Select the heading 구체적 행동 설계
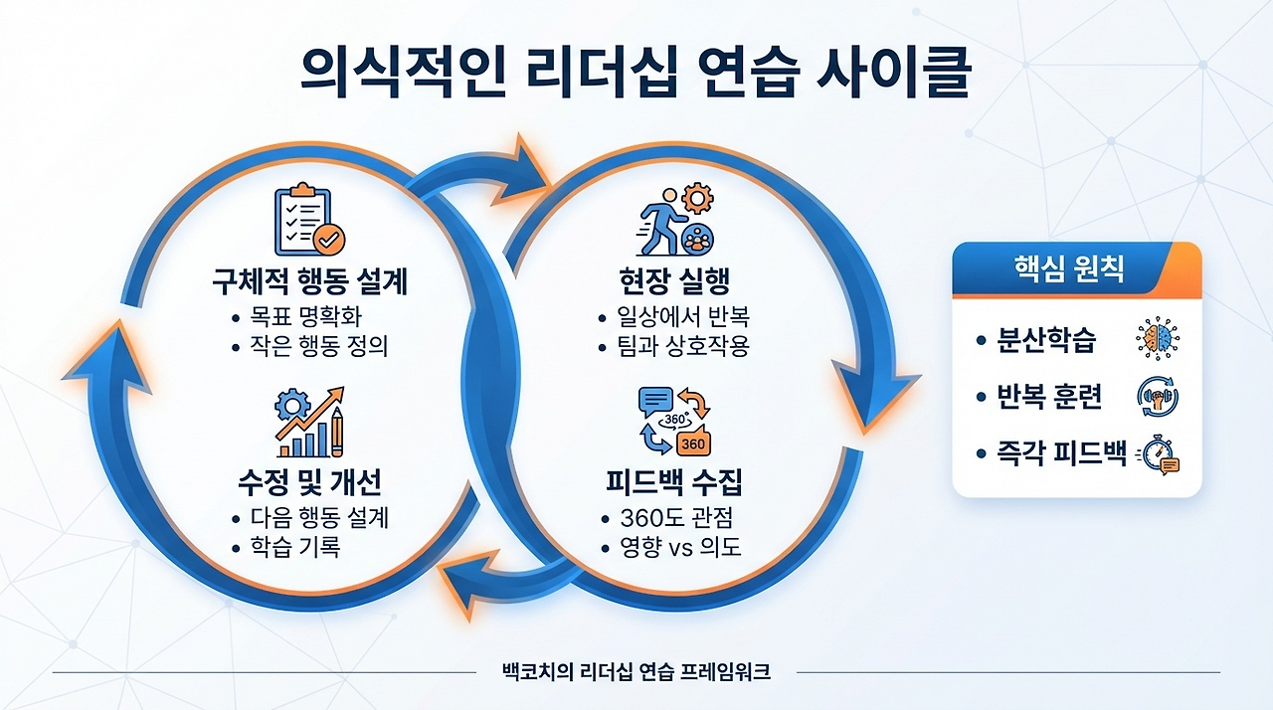point(309,282)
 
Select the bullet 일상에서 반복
point(684,319)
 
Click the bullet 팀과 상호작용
point(684,348)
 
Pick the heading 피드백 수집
point(674,482)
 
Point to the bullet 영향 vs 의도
point(680,547)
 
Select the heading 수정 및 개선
point(309,482)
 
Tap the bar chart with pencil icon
point(308,421)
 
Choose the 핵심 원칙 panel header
point(1076,270)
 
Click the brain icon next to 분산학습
point(1157,340)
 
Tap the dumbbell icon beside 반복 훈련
point(1157,398)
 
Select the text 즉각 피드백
point(1062,454)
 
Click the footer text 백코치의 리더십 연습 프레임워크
point(637,672)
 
